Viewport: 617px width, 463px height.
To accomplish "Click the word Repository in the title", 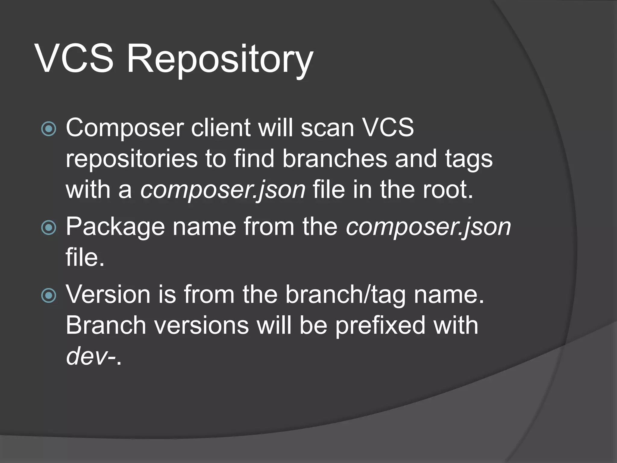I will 220,59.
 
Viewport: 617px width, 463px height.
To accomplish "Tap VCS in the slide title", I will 74,59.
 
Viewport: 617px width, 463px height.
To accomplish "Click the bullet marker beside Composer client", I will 49,129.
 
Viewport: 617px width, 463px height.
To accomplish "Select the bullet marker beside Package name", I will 49,228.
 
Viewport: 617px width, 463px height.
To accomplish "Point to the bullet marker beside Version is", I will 49,295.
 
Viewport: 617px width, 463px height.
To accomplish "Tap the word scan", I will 327,128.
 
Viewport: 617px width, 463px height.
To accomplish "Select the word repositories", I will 131,159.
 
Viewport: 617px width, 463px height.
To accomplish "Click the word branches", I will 334,159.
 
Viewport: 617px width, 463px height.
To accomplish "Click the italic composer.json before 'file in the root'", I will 223,191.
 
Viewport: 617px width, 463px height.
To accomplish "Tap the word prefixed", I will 380,326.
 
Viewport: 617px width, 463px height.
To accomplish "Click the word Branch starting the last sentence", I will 106,326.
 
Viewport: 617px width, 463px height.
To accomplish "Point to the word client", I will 221,128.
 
